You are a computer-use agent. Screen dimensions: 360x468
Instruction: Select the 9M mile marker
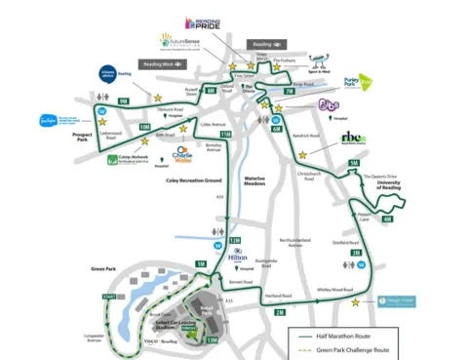tap(122, 100)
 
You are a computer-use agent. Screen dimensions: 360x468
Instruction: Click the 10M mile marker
tap(144, 127)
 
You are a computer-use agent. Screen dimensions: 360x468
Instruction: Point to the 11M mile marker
tap(214, 135)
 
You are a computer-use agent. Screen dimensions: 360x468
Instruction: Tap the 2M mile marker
tap(280, 312)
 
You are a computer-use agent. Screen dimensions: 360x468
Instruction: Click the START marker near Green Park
tap(108, 296)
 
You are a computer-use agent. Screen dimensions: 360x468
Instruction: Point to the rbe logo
tap(351, 139)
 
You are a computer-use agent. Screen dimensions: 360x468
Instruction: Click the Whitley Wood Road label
tap(334, 290)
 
